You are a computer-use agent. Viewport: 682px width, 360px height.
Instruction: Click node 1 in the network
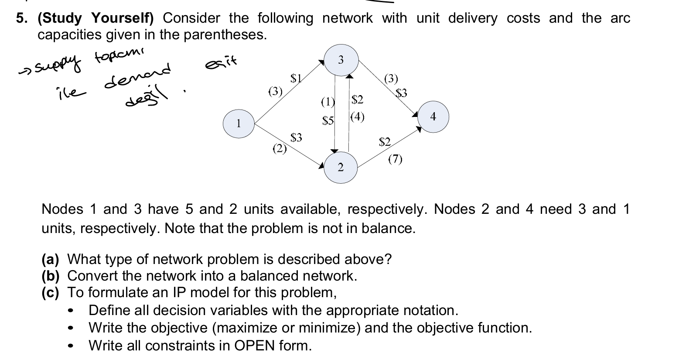[239, 124]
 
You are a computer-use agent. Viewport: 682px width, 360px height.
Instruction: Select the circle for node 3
[341, 60]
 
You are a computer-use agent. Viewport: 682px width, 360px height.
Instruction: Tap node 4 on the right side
[433, 117]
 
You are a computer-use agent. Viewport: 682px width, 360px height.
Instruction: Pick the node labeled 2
[341, 167]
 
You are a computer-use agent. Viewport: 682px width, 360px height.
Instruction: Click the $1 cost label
[296, 79]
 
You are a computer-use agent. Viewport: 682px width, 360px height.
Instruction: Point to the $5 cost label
[327, 120]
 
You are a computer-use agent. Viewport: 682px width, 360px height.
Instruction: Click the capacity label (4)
[357, 117]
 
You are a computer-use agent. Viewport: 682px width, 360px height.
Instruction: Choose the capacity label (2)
[280, 149]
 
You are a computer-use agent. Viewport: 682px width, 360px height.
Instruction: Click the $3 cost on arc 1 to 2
[296, 138]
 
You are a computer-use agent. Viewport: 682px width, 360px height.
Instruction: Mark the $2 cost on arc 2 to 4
[385, 141]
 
